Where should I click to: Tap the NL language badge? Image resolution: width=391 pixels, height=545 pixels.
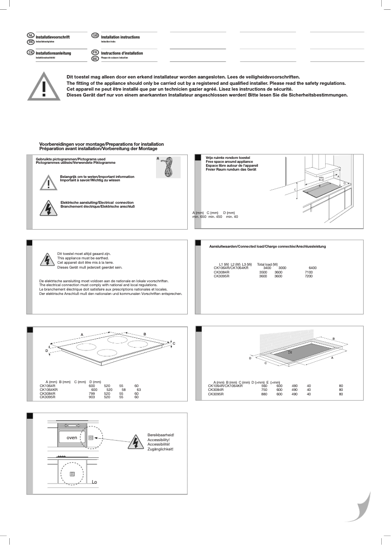[30, 37]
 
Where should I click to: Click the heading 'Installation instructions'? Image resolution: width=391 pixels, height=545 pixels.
[120, 37]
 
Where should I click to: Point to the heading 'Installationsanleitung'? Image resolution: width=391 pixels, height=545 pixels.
[54, 53]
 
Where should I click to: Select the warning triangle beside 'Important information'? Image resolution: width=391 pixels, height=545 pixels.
[49, 182]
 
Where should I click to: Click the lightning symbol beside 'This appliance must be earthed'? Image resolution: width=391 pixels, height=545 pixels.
[47, 260]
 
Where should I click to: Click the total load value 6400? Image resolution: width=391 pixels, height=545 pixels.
[313, 268]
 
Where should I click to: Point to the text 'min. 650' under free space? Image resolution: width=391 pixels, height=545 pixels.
[199, 216]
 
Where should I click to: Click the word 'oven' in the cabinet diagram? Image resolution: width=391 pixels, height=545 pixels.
[66, 438]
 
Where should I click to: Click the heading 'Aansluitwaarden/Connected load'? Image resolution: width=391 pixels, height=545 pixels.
[267, 246]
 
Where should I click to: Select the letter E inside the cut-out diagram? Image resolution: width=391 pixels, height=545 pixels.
[291, 351]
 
